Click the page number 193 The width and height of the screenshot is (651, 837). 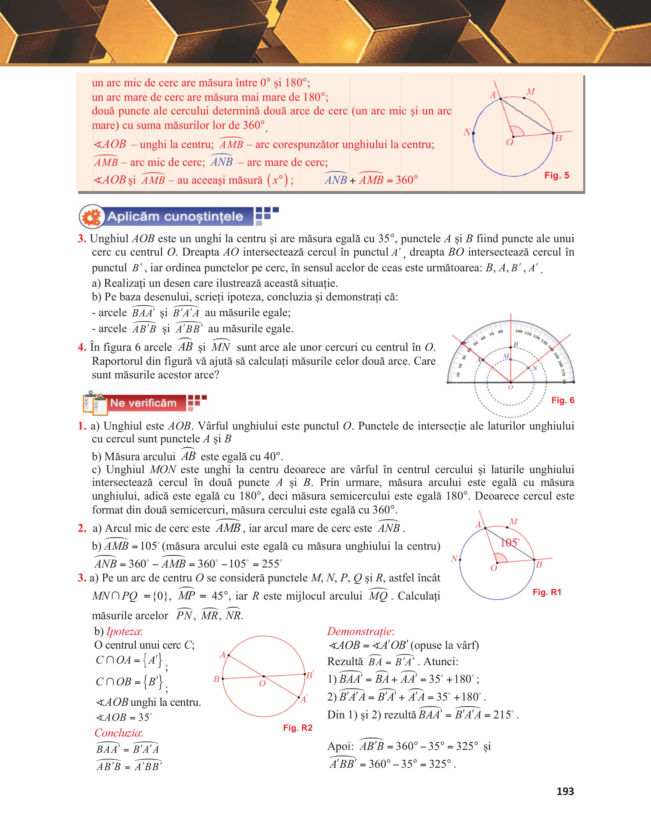point(565,791)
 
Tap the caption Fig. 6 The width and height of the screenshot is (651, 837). point(563,400)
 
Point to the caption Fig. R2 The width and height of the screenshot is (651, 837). point(298,728)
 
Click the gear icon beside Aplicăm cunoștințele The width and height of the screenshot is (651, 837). point(92,217)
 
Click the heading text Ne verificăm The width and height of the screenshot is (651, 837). point(143,403)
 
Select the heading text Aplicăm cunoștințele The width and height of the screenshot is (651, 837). point(175,216)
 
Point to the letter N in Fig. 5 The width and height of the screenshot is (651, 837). point(467,133)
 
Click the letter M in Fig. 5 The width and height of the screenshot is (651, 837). point(530,92)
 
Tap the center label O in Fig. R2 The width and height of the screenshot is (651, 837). point(262,683)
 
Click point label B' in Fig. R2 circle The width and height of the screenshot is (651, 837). point(310,675)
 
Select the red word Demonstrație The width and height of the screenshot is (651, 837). point(360,631)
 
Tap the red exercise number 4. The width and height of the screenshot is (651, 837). point(82,347)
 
